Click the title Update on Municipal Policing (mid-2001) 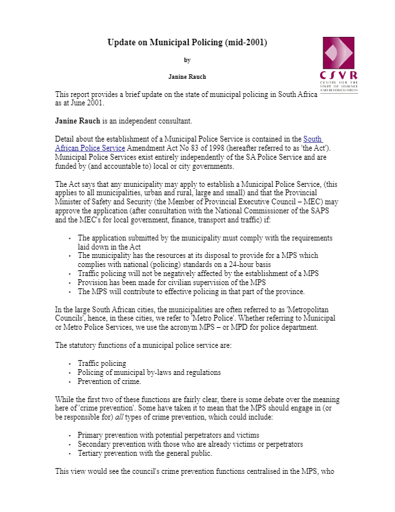click(187, 43)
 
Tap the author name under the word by click(187, 77)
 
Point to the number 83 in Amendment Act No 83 click(190, 148)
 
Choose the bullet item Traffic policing click(102, 363)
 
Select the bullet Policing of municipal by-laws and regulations click(149, 372)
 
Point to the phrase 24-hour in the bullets click(246, 264)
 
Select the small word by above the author click(187, 60)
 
